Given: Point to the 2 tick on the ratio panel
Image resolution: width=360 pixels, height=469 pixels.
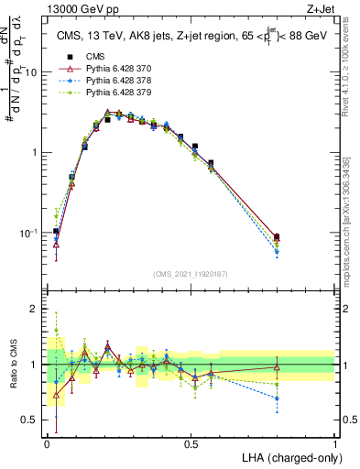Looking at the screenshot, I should pos(37,309).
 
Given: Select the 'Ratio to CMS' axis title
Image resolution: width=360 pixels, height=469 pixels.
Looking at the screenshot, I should pos(15,365).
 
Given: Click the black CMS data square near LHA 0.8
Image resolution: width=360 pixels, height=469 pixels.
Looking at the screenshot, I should pos(277,237).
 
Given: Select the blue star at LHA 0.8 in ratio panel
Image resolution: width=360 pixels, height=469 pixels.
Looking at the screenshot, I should pos(277,398).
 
